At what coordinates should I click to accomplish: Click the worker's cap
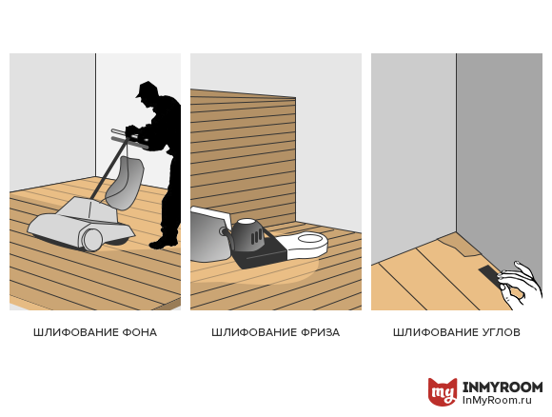tap(147, 89)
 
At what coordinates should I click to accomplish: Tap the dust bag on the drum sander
tap(126, 183)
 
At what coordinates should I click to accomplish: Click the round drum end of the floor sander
tap(92, 240)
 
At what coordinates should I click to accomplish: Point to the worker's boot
tap(164, 243)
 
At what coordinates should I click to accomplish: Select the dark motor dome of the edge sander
tap(247, 234)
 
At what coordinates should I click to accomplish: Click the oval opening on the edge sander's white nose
tap(310, 240)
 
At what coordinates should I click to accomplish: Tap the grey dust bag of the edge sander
tap(209, 235)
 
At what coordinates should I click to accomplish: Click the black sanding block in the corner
tap(488, 273)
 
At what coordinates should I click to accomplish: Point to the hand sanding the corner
tap(520, 285)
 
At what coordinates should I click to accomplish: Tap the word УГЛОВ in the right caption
tap(500, 332)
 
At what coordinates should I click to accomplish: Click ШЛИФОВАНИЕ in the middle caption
tap(254, 332)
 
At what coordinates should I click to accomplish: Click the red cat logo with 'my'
tap(443, 391)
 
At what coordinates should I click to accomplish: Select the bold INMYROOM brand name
tap(503, 387)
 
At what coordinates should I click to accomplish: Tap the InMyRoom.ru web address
tap(497, 401)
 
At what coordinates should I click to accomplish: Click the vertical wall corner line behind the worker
tap(95, 115)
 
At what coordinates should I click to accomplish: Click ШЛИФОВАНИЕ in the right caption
tap(436, 332)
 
